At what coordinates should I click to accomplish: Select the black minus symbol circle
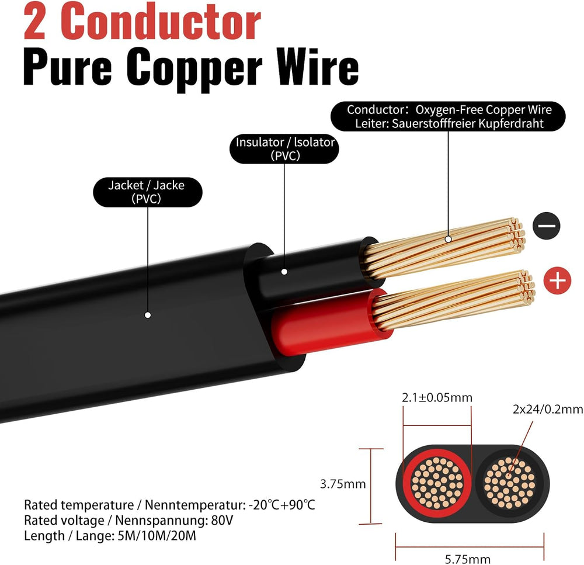(x=547, y=226)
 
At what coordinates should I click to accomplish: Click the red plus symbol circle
(x=558, y=281)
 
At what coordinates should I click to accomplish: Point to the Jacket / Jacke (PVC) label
(x=147, y=192)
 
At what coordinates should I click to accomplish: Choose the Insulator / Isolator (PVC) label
(x=284, y=148)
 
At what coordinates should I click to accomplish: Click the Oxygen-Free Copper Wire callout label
(x=449, y=116)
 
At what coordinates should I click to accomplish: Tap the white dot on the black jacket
(x=148, y=315)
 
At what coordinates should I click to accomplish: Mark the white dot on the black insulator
(x=284, y=271)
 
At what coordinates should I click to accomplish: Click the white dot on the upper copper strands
(x=449, y=238)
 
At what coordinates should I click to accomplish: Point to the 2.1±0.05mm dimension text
(x=437, y=398)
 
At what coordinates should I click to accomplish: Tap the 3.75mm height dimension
(x=343, y=484)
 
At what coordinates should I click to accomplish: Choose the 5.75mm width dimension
(x=467, y=559)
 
